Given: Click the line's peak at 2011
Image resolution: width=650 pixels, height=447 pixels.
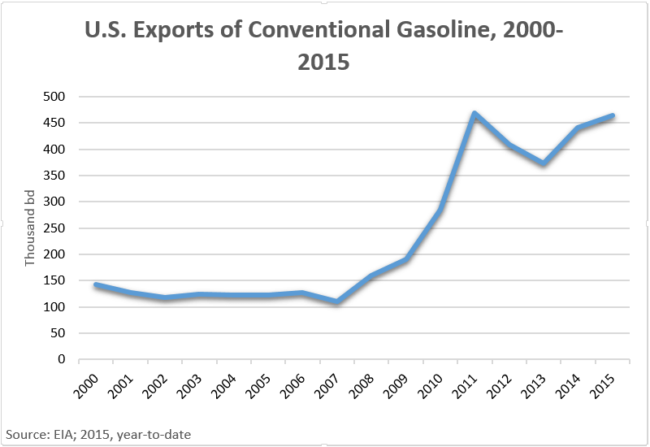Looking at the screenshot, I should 474,114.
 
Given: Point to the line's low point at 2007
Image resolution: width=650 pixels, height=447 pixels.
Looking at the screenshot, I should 336,302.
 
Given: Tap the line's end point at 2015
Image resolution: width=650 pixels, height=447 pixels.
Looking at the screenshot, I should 613,116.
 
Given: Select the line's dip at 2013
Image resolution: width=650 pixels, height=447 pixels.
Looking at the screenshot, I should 544,163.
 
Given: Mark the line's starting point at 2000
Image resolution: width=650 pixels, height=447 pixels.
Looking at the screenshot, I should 96,284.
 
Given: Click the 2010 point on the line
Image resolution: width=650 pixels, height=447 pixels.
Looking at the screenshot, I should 440,210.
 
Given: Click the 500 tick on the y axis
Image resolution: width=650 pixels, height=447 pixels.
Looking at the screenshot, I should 58,97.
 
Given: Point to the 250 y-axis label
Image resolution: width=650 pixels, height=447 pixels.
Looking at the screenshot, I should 58,228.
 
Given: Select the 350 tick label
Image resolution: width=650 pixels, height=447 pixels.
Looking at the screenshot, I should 58,176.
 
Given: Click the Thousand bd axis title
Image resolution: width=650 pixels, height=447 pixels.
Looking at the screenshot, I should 31,228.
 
